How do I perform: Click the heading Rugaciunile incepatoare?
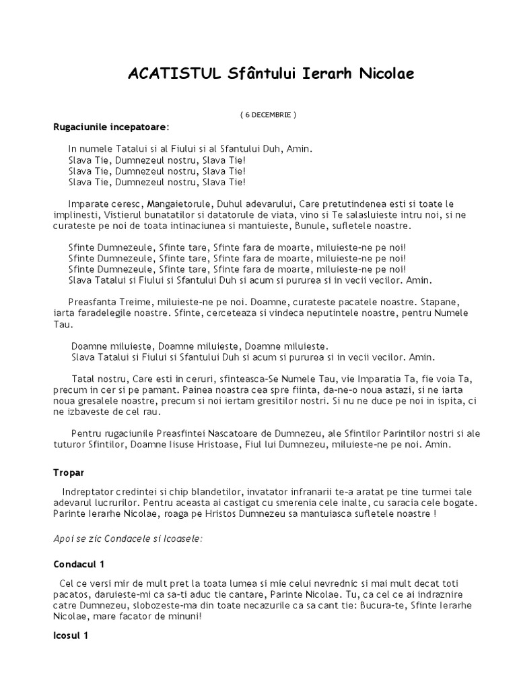pos(111,127)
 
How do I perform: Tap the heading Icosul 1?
pos(71,635)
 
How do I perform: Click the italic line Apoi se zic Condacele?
pos(128,538)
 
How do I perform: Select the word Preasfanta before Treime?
pos(95,301)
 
